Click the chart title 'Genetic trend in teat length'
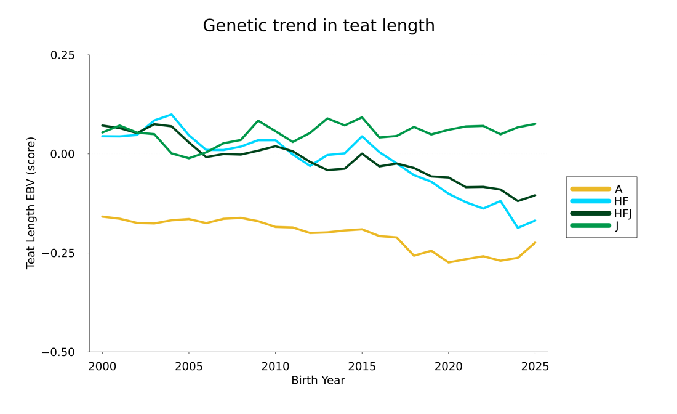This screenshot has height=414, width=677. (x=319, y=26)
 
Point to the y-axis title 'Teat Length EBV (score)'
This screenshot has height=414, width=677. (x=31, y=203)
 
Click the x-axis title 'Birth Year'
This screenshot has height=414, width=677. (x=318, y=381)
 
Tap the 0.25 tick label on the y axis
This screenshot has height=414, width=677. (x=62, y=55)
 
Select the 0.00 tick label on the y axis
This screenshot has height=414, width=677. (x=62, y=154)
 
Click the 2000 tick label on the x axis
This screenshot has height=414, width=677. (x=102, y=367)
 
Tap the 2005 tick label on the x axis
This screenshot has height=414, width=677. (x=189, y=367)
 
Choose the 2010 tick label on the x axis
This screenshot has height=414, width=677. (x=275, y=367)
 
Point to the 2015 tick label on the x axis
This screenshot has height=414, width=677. (x=362, y=367)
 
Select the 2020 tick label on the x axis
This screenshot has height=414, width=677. (x=449, y=367)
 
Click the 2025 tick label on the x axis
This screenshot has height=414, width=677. (x=535, y=367)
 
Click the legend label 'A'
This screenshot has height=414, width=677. (x=619, y=189)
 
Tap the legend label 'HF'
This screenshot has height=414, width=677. (x=622, y=201)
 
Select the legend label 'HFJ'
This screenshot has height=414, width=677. (x=623, y=214)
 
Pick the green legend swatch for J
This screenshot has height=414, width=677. (x=590, y=226)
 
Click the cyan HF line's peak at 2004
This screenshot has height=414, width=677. (x=172, y=115)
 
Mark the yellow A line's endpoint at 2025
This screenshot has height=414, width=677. (x=535, y=243)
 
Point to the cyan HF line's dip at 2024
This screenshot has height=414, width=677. (x=518, y=228)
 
